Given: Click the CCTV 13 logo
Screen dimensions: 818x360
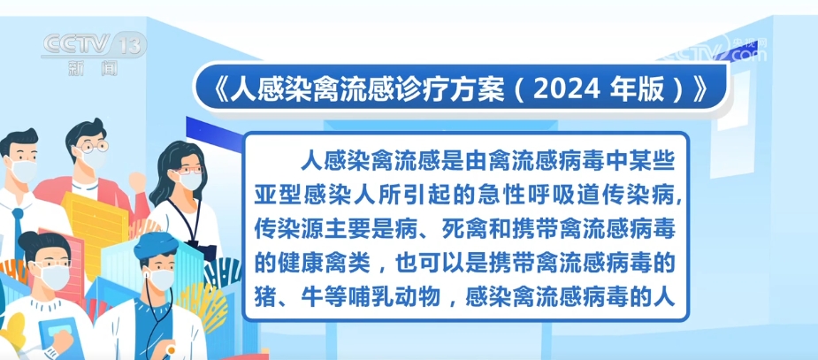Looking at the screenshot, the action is [x=94, y=44].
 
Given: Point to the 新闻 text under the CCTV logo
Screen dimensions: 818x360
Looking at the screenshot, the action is [x=94, y=68].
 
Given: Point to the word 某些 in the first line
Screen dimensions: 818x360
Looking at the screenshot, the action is [x=655, y=164].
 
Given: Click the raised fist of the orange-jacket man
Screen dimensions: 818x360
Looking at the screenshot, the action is [x=137, y=180].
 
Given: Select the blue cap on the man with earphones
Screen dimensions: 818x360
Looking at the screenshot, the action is [x=155, y=245].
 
